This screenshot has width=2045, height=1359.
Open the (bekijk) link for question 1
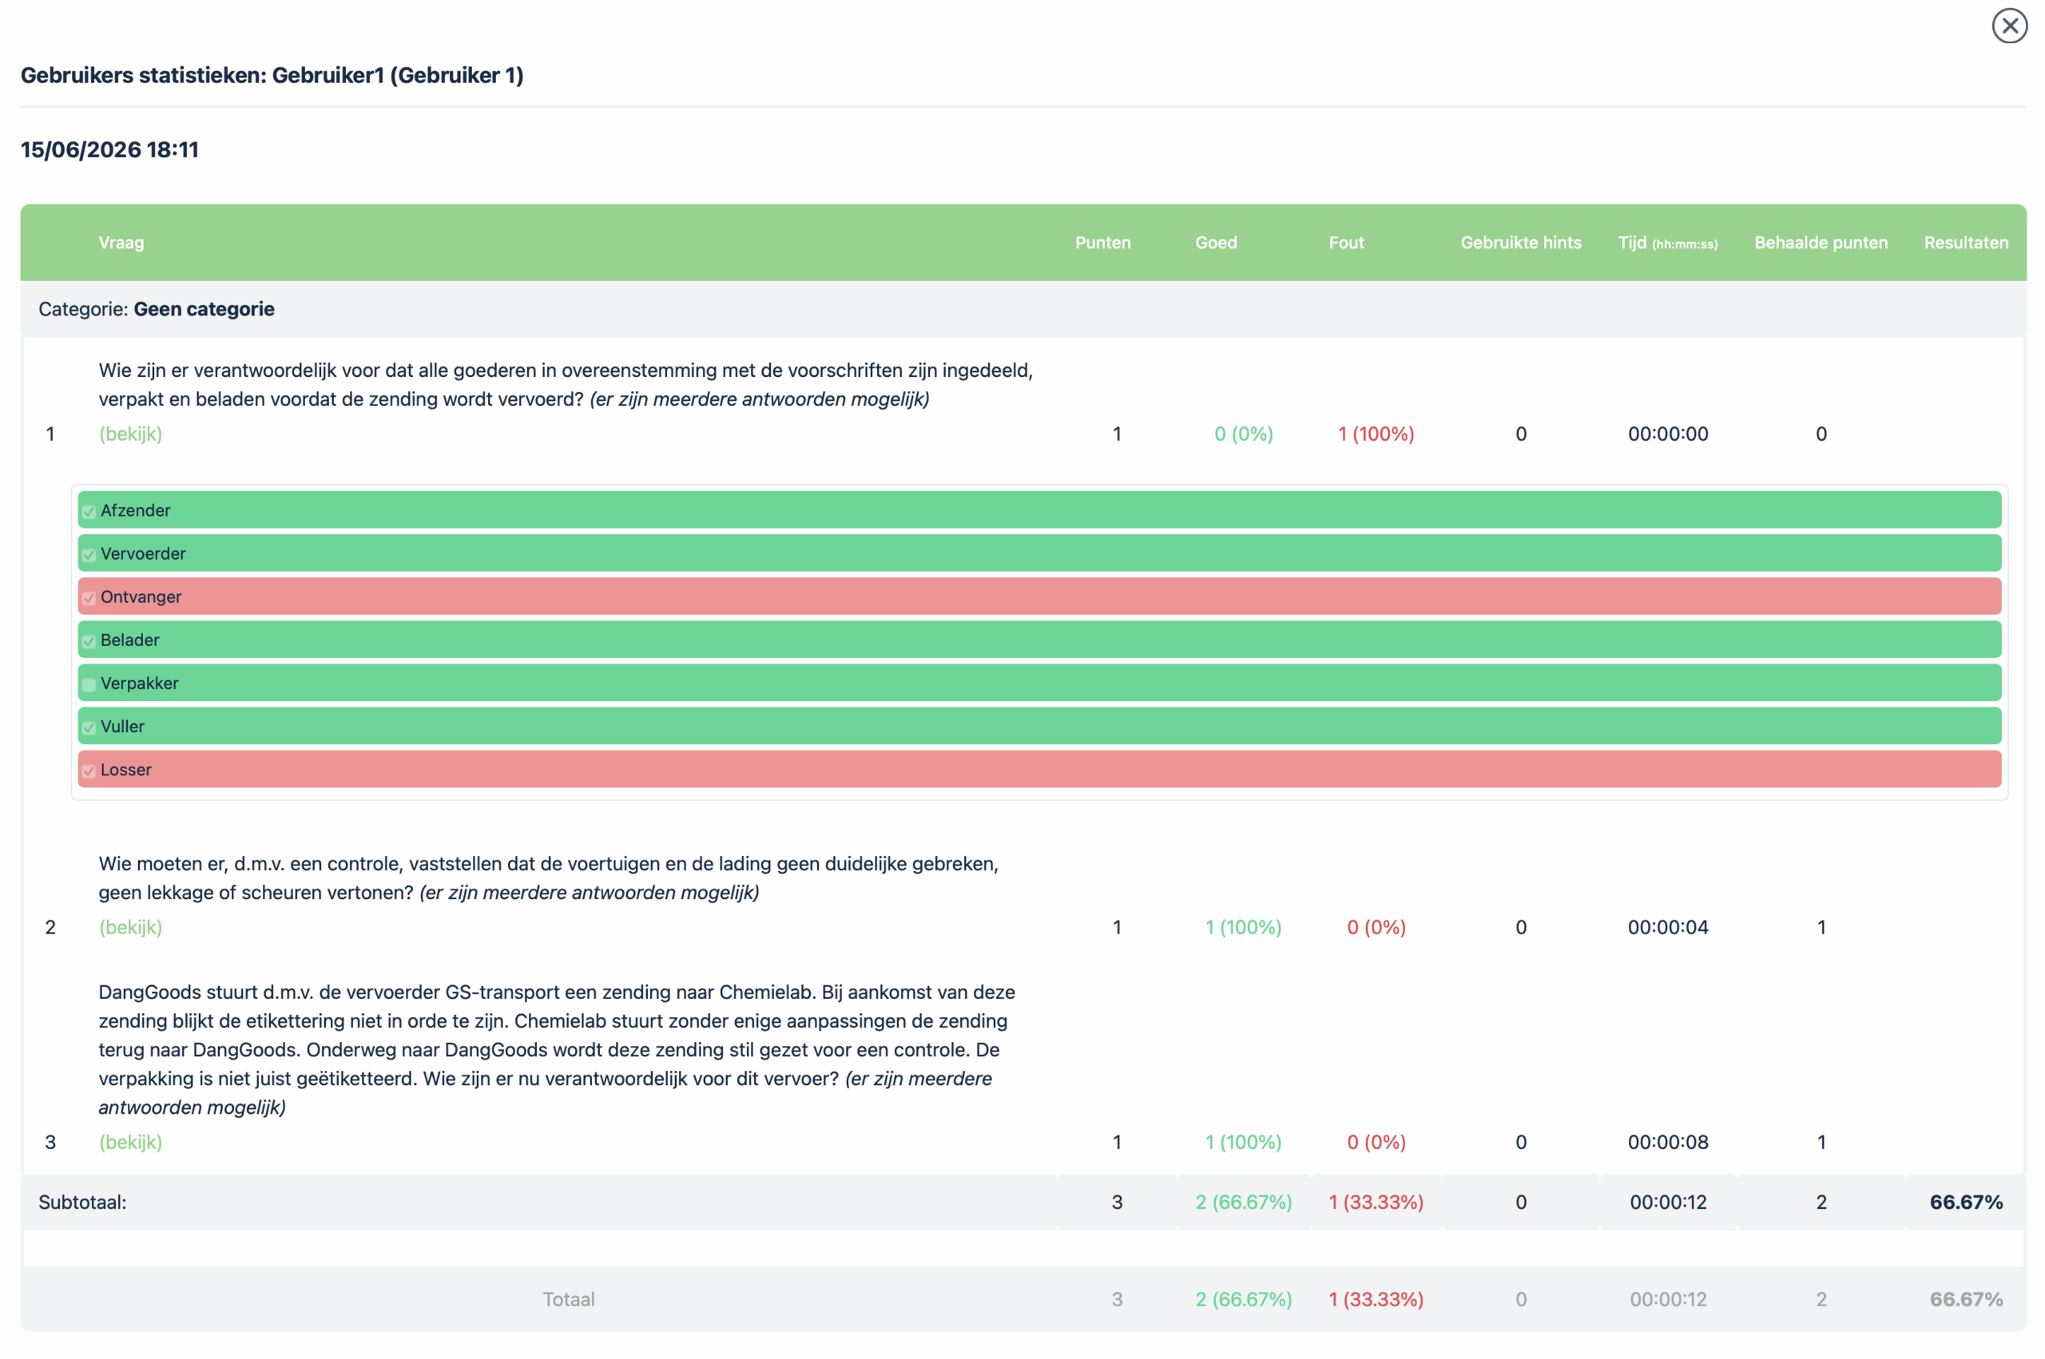(130, 434)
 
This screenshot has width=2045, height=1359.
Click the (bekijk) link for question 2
(130, 926)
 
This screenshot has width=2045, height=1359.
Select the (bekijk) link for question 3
(130, 1142)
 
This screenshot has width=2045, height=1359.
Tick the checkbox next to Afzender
(89, 511)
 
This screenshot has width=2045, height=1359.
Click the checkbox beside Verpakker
(89, 685)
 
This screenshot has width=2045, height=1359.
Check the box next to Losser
(89, 771)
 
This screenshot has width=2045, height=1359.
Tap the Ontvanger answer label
(141, 596)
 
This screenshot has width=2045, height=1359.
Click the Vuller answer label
(122, 727)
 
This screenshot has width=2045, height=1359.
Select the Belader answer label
(130, 640)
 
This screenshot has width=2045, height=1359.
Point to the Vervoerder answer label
(143, 553)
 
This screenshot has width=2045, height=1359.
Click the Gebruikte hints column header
(1520, 243)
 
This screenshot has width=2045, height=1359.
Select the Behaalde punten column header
(1821, 243)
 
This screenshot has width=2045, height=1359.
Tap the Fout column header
(1346, 243)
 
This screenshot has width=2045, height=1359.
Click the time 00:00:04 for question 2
(1668, 926)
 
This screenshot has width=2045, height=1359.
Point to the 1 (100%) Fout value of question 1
(1376, 434)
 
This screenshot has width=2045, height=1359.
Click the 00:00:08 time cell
(1668, 1142)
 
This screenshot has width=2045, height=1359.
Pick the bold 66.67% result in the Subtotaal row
(1965, 1202)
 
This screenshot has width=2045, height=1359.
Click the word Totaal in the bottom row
(569, 1299)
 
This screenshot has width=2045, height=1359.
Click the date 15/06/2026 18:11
(110, 150)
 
